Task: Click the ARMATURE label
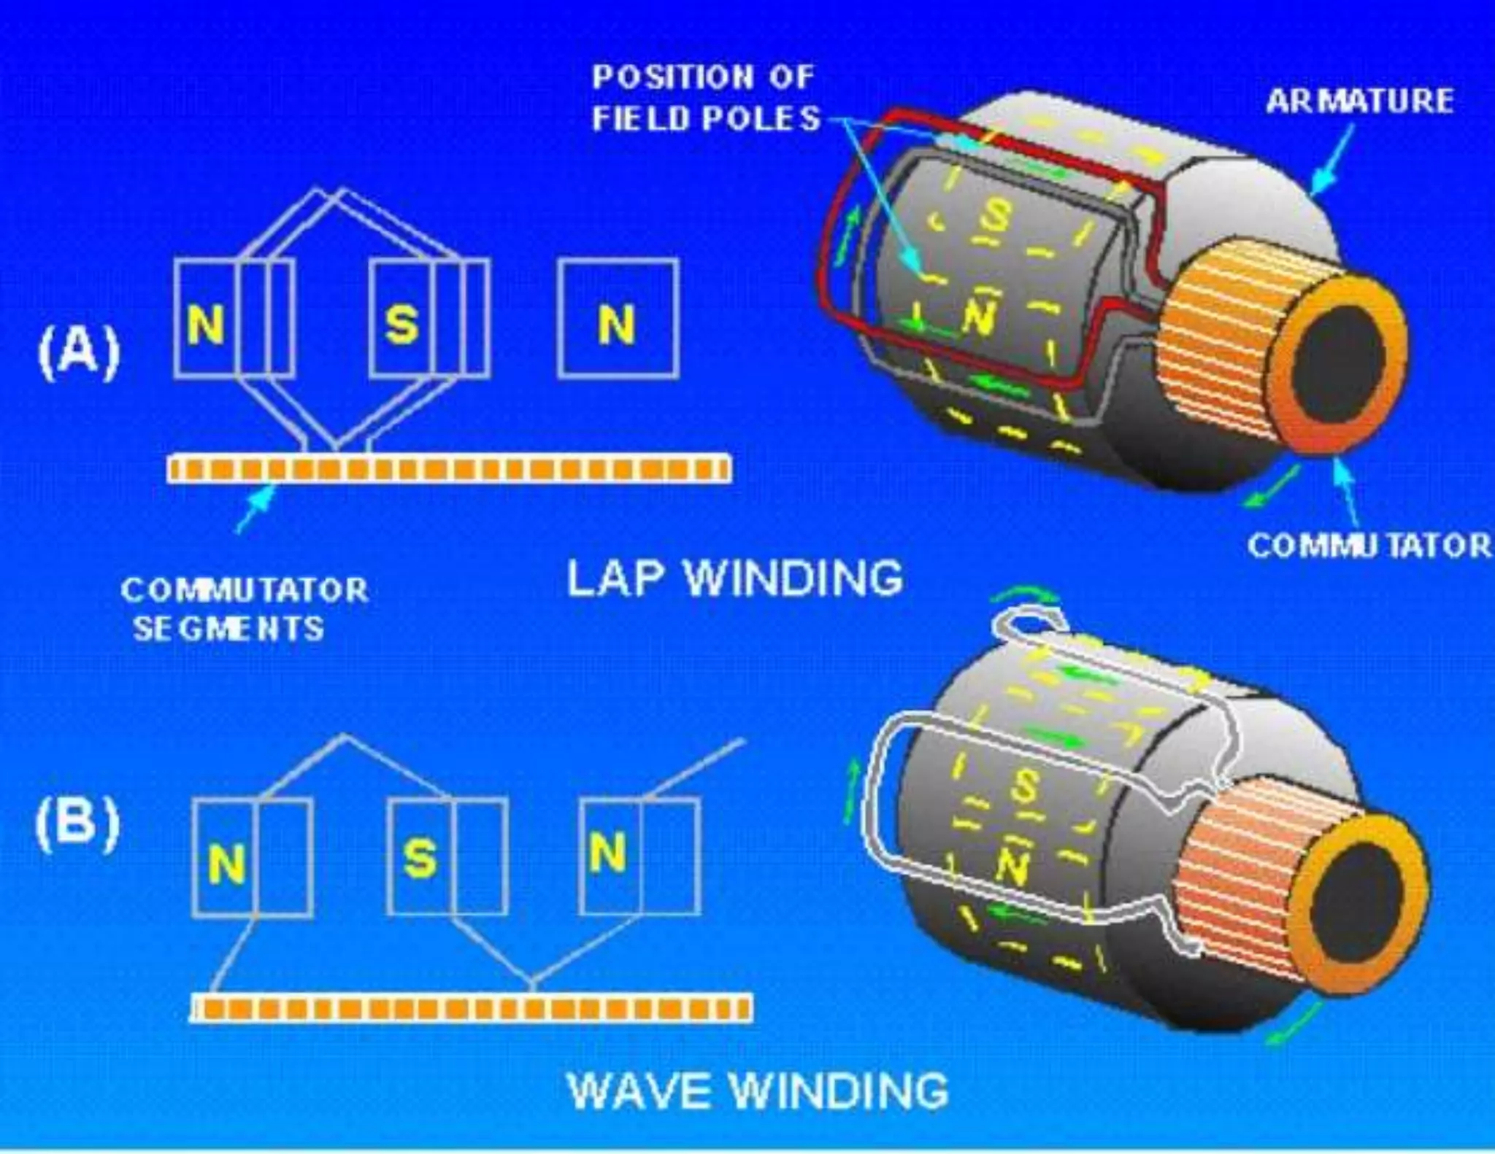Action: pos(1359,101)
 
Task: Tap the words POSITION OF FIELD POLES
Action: pos(705,98)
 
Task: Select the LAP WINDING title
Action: pos(734,578)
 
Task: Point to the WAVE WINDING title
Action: pos(758,1091)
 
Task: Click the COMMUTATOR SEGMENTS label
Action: pos(244,609)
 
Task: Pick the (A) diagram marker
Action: pos(79,352)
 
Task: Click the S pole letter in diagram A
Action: pos(402,324)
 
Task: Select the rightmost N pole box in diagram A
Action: pos(618,319)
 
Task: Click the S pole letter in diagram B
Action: pos(420,858)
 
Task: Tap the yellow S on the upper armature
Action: pos(995,216)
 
